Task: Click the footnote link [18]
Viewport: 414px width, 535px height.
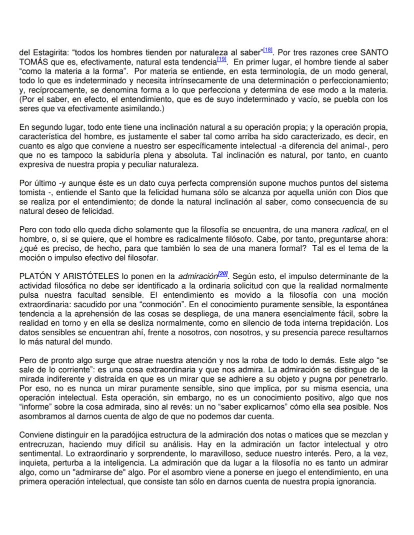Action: [x=267, y=50]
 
